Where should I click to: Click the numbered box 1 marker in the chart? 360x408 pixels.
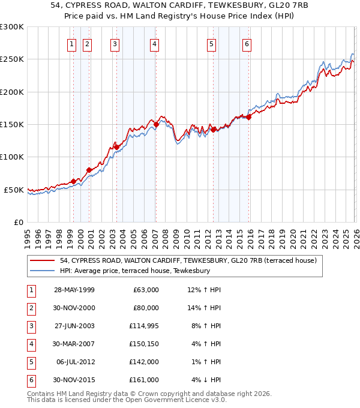[x=72, y=43]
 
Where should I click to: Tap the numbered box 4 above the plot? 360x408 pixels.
[x=154, y=43]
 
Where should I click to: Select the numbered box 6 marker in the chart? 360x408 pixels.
[x=247, y=43]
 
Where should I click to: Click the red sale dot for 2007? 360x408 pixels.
[x=156, y=124]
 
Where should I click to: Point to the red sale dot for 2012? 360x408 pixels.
[x=213, y=129]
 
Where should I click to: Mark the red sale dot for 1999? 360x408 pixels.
[x=73, y=181]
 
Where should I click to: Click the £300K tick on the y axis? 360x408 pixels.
[x=12, y=27]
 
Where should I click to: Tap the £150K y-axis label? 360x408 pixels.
[x=12, y=124]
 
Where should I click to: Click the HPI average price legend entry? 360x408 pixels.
[x=135, y=271]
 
